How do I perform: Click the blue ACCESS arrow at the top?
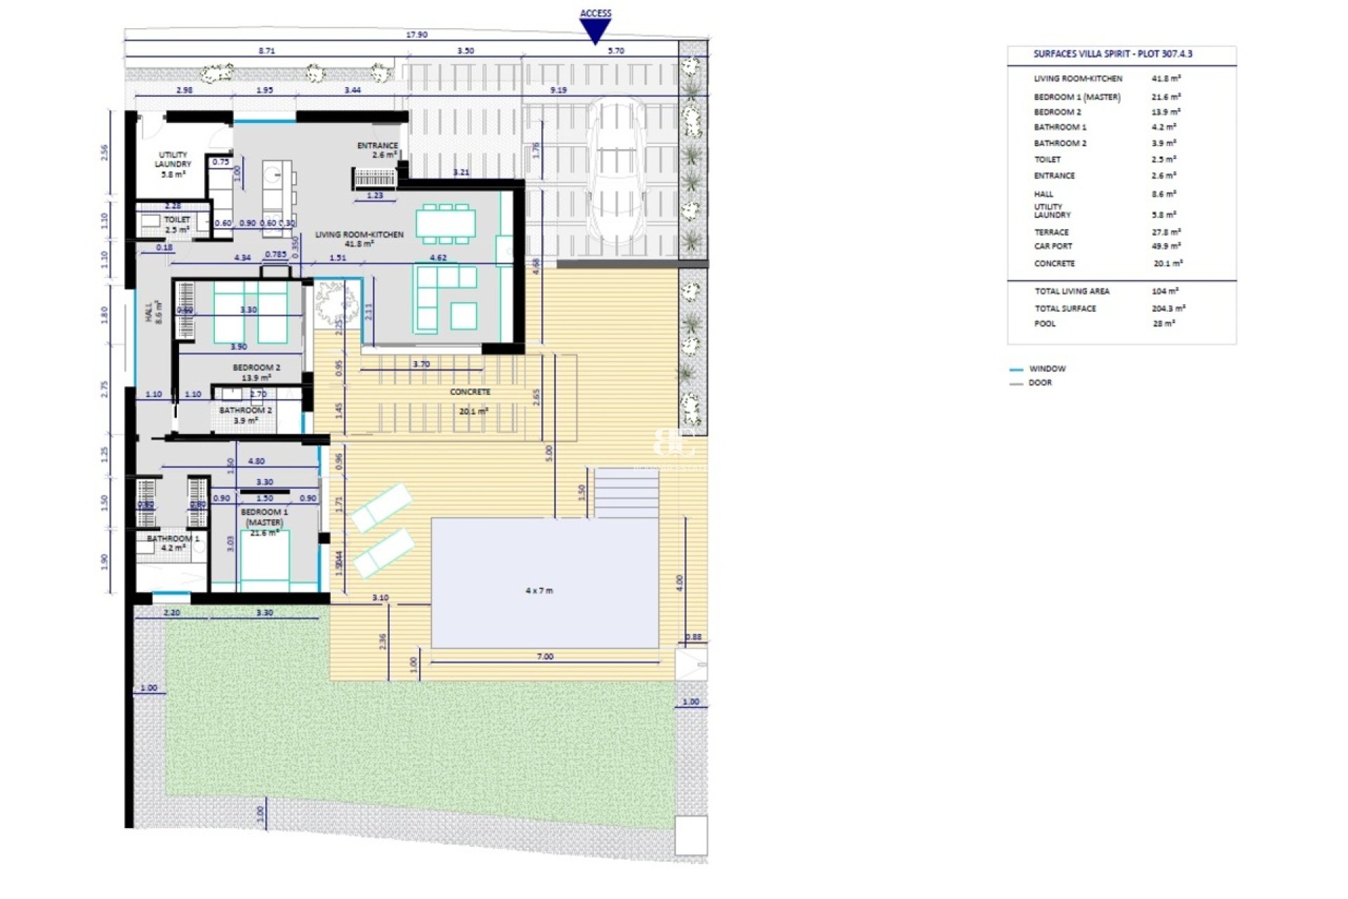[595, 30]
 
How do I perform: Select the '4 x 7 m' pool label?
[539, 591]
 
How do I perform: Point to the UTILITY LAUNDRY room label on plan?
[173, 164]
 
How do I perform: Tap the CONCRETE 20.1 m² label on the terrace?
[471, 401]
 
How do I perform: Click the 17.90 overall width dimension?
[416, 34]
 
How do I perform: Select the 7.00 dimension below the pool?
[545, 657]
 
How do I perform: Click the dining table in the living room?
[445, 223]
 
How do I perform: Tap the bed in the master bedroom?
[265, 558]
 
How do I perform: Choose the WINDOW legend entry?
[1047, 369]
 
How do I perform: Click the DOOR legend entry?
[1040, 383]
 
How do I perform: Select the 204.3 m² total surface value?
[1168, 308]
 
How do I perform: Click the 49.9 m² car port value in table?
[1166, 247]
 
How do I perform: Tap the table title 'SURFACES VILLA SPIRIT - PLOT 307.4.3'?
[1112, 54]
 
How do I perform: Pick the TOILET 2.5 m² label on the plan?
[177, 224]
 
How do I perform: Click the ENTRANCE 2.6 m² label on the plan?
[378, 150]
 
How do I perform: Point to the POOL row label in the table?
[1045, 324]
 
